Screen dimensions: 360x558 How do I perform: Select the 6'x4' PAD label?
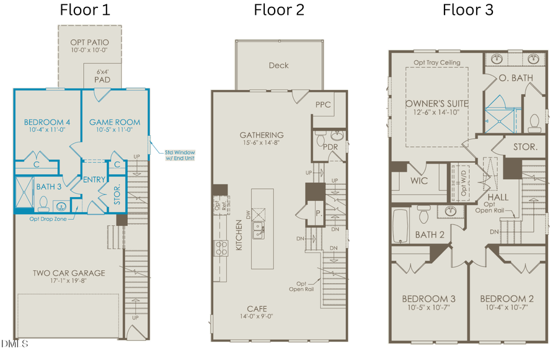click(102, 76)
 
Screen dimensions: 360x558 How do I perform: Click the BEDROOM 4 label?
click(46, 122)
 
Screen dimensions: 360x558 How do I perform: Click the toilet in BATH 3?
click(43, 203)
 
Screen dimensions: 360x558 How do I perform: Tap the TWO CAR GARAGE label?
click(69, 273)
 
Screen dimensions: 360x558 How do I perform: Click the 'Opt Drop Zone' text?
click(48, 219)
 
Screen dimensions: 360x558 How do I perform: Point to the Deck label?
click(278, 65)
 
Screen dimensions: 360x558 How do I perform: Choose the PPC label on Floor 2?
click(321, 105)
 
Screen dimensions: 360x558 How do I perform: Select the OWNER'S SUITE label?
click(436, 103)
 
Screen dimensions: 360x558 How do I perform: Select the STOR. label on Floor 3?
click(528, 147)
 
